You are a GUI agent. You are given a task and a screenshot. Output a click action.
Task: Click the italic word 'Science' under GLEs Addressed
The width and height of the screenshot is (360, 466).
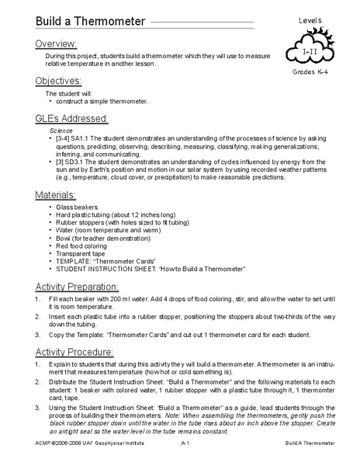click(x=61, y=132)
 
